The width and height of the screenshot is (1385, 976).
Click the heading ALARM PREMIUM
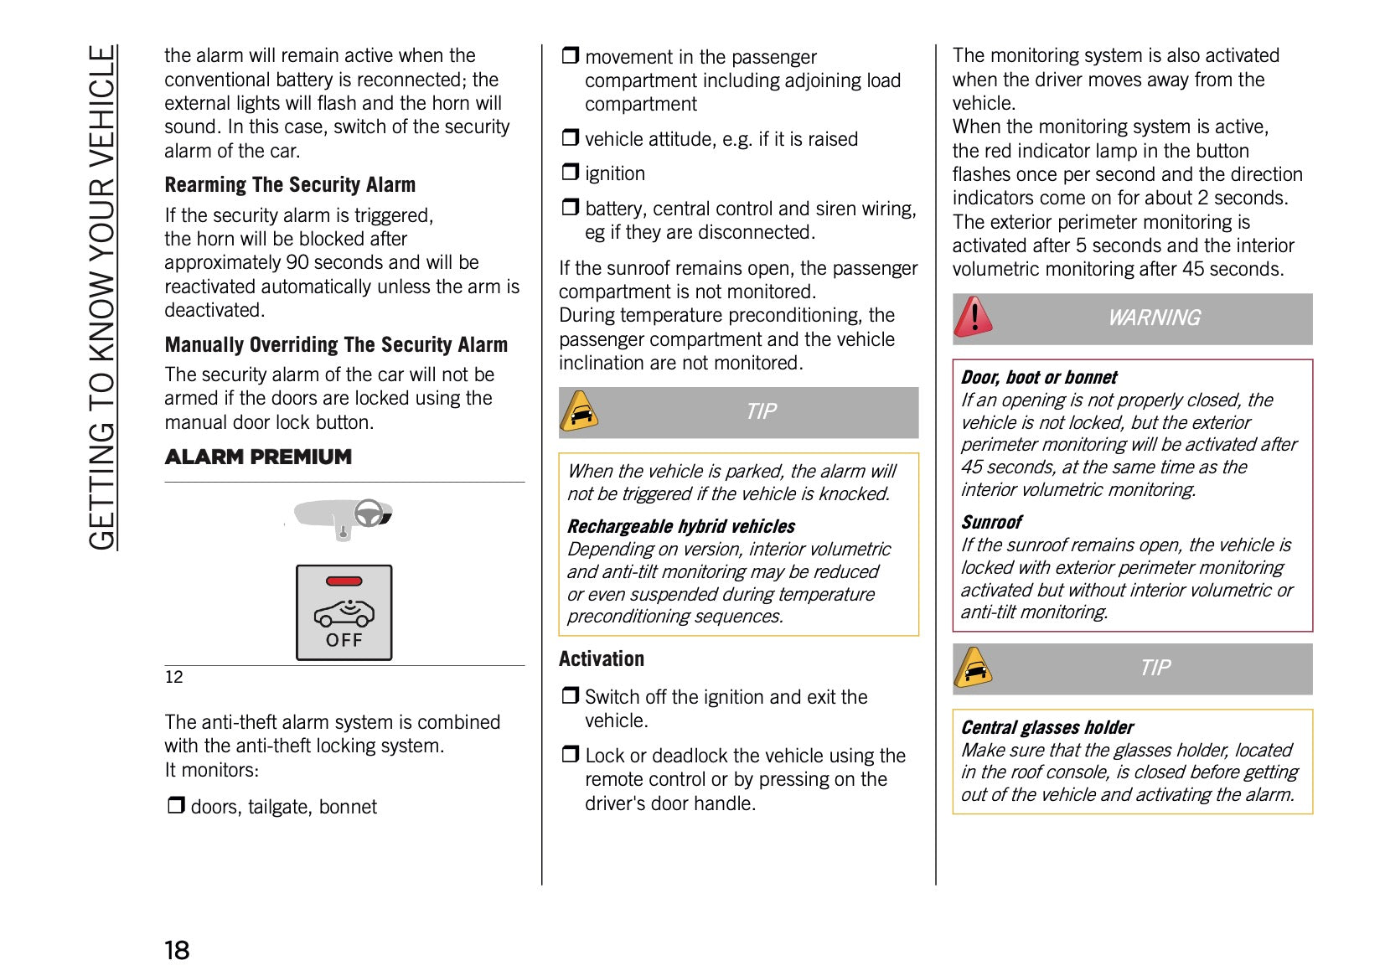258,457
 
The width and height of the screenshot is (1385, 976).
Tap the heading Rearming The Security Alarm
290,184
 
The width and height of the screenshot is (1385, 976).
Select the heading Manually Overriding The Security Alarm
336,344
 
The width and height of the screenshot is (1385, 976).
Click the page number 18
177,950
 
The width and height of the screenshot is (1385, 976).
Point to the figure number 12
173,677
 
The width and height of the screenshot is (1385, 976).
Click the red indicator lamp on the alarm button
344,581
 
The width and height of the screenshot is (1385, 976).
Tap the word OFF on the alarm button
344,640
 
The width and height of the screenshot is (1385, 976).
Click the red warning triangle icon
973,318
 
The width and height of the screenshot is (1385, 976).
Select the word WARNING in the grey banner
1154,318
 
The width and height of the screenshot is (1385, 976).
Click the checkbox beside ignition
571,173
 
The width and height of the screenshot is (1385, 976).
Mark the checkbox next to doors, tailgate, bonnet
176,806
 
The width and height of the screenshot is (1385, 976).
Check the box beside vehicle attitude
571,137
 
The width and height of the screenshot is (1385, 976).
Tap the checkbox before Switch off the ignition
571,695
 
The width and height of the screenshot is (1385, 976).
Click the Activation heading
602,658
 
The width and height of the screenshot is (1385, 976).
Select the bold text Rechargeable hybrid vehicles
681,526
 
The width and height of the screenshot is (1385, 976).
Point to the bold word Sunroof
991,522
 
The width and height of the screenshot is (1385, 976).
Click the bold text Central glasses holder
1047,727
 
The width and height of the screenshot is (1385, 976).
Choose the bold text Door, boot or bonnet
1039,377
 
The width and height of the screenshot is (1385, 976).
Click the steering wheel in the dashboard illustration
369,513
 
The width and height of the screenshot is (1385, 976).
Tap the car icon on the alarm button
344,614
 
